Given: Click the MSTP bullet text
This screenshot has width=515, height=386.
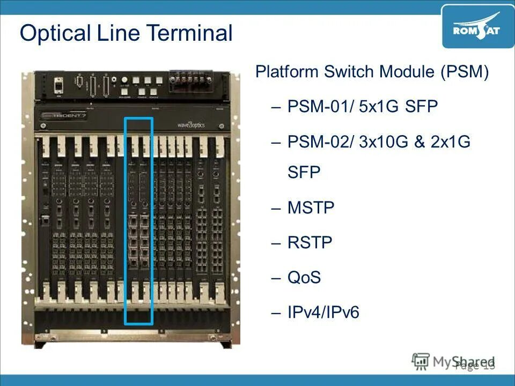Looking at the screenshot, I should click(311, 207).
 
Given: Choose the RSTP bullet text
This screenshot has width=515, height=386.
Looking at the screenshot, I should click(310, 243).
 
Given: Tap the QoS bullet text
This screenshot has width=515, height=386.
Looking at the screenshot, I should click(304, 278).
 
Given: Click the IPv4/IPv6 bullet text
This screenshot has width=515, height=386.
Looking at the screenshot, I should click(323, 313).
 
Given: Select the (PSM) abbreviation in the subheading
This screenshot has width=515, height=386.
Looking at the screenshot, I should click(465, 72).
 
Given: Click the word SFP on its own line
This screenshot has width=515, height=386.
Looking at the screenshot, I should click(304, 173).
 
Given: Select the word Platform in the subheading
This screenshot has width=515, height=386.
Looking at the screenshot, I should click(287, 72).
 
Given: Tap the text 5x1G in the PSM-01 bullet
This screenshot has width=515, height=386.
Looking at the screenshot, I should click(379, 107).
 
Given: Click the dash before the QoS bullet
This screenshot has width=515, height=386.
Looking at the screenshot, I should click(276, 278).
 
